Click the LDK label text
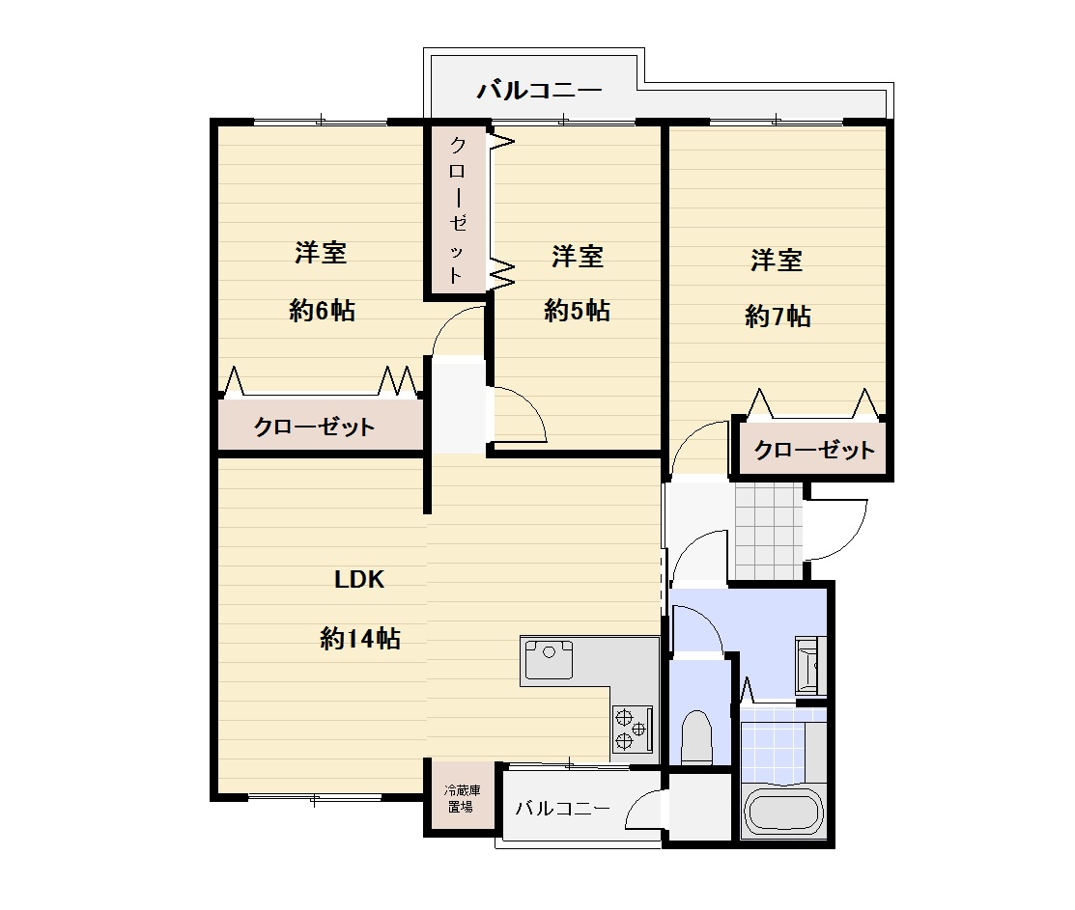pyautogui.click(x=359, y=580)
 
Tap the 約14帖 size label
pyautogui.click(x=360, y=639)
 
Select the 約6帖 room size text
pyautogui.click(x=323, y=311)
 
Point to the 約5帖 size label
pyautogui.click(x=578, y=311)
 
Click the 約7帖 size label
pyautogui.click(x=778, y=317)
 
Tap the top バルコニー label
pyautogui.click(x=540, y=90)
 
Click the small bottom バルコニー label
pyautogui.click(x=563, y=809)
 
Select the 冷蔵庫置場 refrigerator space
pyautogui.click(x=462, y=798)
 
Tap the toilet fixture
pyautogui.click(x=697, y=737)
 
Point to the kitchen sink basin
pyautogui.click(x=549, y=658)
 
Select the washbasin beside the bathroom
pyautogui.click(x=810, y=665)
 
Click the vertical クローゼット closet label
pyautogui.click(x=457, y=210)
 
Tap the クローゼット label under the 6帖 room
pyautogui.click(x=315, y=427)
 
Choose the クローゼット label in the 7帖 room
pyautogui.click(x=814, y=450)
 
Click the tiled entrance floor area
pyautogui.click(x=768, y=532)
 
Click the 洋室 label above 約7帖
pyautogui.click(x=777, y=261)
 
